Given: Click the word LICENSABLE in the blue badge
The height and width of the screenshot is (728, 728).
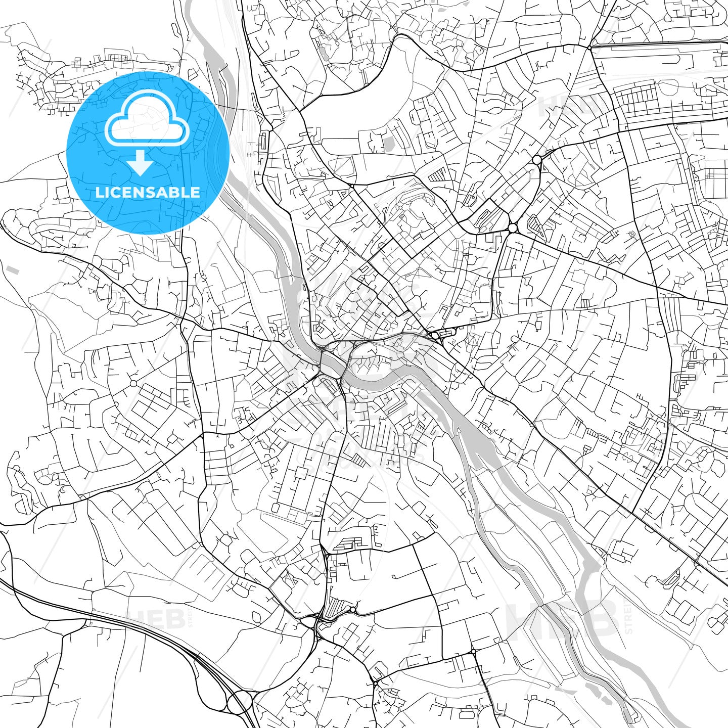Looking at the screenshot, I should (148, 192).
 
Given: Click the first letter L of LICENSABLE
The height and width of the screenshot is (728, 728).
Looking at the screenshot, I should (99, 192).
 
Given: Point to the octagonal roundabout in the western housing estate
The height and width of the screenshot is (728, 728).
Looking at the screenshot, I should (133, 383).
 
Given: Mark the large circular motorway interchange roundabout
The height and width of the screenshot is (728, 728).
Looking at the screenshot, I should (239, 703).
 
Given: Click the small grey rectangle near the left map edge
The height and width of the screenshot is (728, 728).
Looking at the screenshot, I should (14, 271).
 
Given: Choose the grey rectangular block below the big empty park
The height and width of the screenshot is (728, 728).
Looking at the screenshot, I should (388, 144).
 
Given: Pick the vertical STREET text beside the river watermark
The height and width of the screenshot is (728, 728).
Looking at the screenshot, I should (629, 617).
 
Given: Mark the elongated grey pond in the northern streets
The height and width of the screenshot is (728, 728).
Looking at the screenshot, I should (322, 53).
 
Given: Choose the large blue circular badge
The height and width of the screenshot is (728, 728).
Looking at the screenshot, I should (148, 153).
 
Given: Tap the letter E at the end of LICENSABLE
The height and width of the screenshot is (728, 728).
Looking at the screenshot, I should (196, 192).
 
